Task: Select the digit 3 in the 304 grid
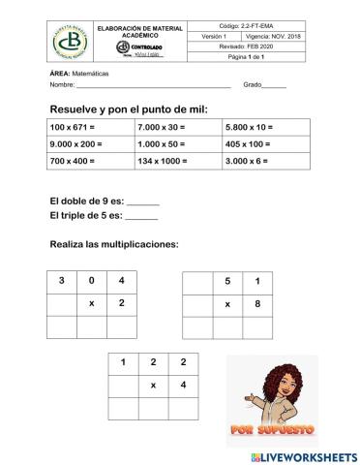(x=62, y=281)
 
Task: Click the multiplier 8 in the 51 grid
(x=256, y=304)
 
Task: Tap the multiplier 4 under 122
(x=183, y=386)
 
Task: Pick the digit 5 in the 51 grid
(x=227, y=282)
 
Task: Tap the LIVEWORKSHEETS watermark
(x=303, y=456)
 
